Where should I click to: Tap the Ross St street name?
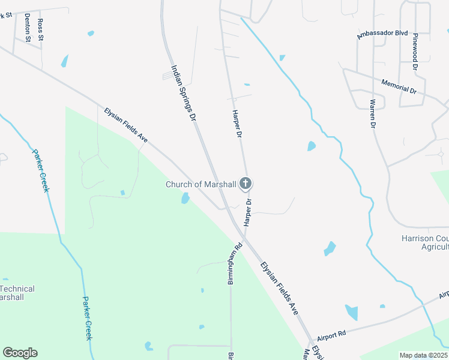tap(41, 29)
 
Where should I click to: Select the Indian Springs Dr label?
tap(184, 95)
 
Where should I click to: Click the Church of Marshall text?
tap(200, 184)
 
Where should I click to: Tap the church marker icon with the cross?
tap(245, 183)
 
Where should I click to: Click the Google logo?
tap(20, 353)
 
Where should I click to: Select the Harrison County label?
tap(424, 238)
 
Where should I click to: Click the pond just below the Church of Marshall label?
tap(185, 198)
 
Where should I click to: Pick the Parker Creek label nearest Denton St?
tap(40, 170)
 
